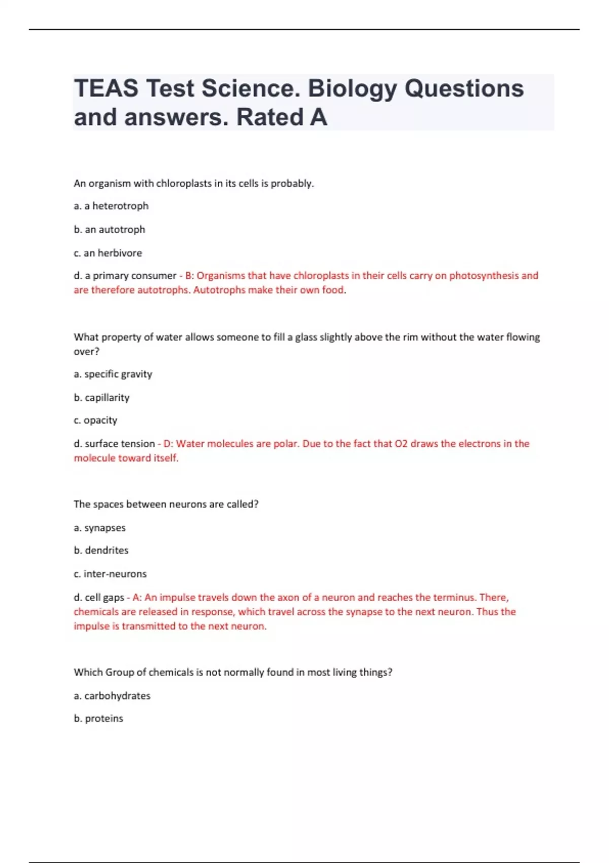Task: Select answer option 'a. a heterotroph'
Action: [x=111, y=206]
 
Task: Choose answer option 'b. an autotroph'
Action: [x=109, y=229]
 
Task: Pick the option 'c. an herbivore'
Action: [x=108, y=253]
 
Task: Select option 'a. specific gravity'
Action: [x=113, y=374]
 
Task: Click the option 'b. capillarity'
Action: [x=101, y=397]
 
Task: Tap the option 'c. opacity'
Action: [x=95, y=420]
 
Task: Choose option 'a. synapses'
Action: [x=99, y=528]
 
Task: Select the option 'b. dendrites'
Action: [x=101, y=550]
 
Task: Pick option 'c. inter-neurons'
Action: [x=110, y=574]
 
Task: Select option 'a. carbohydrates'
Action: [x=112, y=696]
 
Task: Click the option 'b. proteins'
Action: [x=98, y=719]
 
